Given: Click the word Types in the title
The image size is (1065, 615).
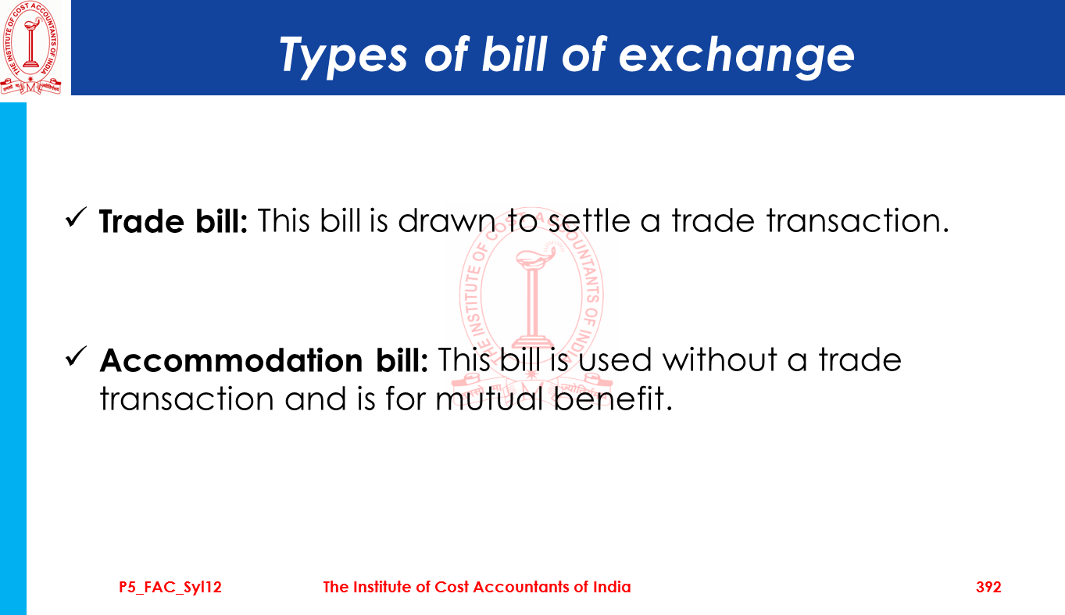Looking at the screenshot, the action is [343, 56].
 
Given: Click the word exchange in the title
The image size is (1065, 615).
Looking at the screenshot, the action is [736, 56].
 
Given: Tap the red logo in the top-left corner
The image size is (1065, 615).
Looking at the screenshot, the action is [31, 48].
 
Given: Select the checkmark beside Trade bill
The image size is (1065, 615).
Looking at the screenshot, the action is [76, 218].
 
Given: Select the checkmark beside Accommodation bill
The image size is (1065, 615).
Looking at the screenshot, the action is [76, 356].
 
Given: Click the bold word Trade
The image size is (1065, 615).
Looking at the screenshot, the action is [141, 221].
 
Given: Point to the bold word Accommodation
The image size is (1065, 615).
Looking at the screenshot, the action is [231, 360].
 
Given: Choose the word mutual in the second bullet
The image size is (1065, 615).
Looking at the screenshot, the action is [489, 399].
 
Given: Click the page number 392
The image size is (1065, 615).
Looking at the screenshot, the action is [988, 587].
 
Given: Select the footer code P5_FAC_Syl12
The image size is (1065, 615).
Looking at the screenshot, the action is [170, 588].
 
